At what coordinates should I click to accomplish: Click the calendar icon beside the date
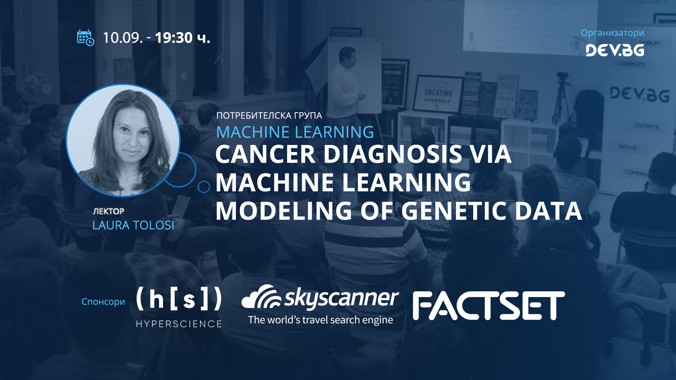pyautogui.click(x=85, y=38)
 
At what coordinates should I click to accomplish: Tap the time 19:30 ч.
pyautogui.click(x=182, y=38)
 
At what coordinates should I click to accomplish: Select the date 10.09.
pyautogui.click(x=123, y=38)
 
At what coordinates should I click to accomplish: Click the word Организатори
pyautogui.click(x=612, y=33)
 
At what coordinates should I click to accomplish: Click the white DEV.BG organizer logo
pyautogui.click(x=615, y=50)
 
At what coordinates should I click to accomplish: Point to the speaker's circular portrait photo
pyautogui.click(x=123, y=140)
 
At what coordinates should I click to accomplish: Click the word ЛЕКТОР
pyautogui.click(x=108, y=211)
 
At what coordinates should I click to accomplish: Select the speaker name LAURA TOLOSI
pyautogui.click(x=133, y=225)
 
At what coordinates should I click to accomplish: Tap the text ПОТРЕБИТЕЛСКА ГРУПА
pyautogui.click(x=269, y=115)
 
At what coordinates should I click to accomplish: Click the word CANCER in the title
pyautogui.click(x=265, y=154)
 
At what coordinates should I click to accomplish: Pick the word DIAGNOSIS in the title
pyautogui.click(x=393, y=154)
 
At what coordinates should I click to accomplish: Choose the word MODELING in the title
pyautogui.click(x=284, y=211)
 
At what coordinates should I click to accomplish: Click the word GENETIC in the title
pyautogui.click(x=454, y=211)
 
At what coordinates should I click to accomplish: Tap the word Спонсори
pyautogui.click(x=103, y=302)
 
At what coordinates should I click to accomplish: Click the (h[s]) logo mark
pyautogui.click(x=179, y=299)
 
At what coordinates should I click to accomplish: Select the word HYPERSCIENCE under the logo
pyautogui.click(x=179, y=324)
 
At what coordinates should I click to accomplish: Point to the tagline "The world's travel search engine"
pyautogui.click(x=320, y=320)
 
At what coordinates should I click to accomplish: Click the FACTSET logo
pyautogui.click(x=489, y=305)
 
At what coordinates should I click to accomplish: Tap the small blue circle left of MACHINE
pyautogui.click(x=204, y=187)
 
